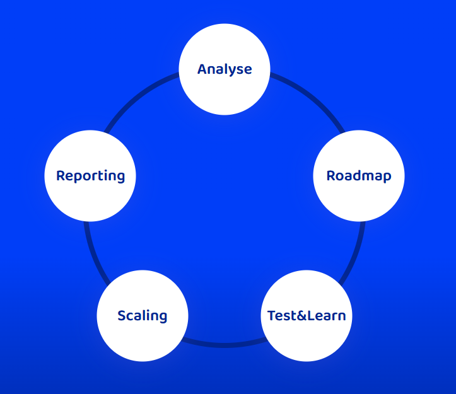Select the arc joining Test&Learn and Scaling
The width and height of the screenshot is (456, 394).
click(x=225, y=345)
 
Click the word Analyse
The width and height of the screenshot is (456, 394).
click(x=225, y=69)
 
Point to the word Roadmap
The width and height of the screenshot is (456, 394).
click(x=358, y=176)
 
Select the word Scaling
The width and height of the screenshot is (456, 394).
click(x=143, y=315)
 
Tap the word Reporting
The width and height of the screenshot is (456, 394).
click(x=90, y=176)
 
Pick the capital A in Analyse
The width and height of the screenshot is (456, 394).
click(x=202, y=69)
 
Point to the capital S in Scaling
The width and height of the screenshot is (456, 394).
click(x=122, y=315)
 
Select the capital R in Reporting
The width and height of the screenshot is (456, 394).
click(x=61, y=176)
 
